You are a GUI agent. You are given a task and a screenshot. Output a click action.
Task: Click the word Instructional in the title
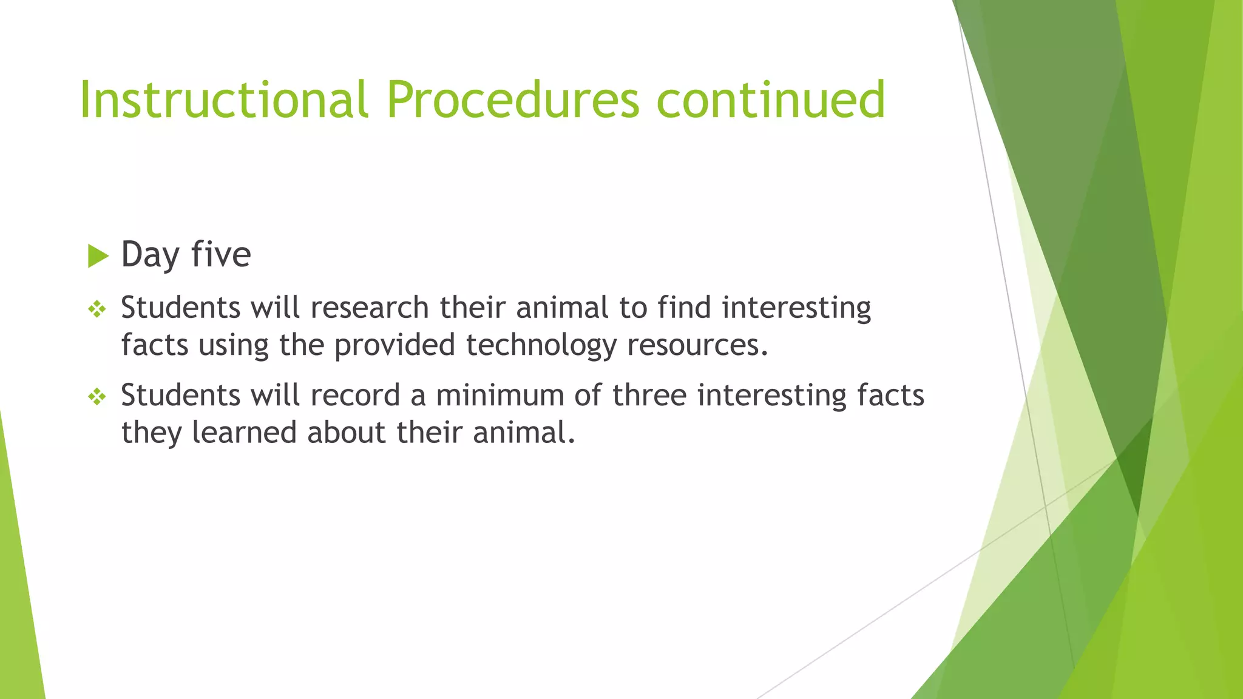(223, 100)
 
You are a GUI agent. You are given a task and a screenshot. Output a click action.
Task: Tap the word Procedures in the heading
(513, 100)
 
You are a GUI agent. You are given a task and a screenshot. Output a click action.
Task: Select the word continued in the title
(771, 100)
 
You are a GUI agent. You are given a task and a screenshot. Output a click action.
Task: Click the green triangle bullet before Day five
(97, 256)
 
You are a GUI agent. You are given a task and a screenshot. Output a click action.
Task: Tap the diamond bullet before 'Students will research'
(97, 310)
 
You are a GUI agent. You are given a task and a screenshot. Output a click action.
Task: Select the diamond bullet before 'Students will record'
(97, 397)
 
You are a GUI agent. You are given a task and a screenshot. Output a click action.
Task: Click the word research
(370, 308)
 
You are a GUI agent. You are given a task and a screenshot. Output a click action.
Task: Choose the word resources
(697, 346)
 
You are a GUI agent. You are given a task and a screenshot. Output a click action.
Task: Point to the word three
(649, 395)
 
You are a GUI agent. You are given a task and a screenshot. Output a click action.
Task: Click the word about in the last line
(346, 433)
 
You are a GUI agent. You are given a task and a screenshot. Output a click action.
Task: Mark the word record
(355, 395)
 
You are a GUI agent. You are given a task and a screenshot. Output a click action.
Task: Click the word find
(684, 308)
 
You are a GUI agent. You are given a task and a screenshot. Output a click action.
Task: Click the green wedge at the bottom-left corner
(18, 637)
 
